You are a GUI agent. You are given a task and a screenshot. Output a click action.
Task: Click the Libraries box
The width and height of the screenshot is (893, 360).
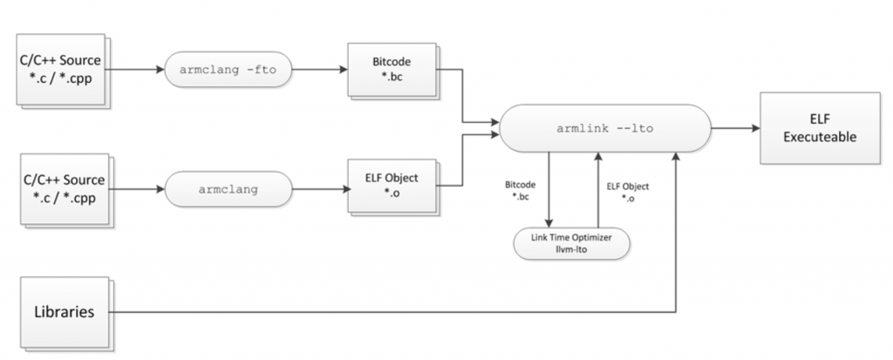tap(65, 311)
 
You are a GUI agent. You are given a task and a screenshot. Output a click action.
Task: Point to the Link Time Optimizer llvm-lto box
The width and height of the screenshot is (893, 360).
tap(570, 242)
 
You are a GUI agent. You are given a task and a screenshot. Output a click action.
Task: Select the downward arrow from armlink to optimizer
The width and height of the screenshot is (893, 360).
tap(549, 187)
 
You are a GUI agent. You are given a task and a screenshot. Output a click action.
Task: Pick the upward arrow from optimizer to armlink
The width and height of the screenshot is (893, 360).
tap(597, 187)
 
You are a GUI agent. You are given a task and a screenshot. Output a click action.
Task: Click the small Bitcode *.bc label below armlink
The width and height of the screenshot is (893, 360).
tap(520, 192)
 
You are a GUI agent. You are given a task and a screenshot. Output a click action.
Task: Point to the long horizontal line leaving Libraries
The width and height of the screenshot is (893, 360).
tap(392, 311)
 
